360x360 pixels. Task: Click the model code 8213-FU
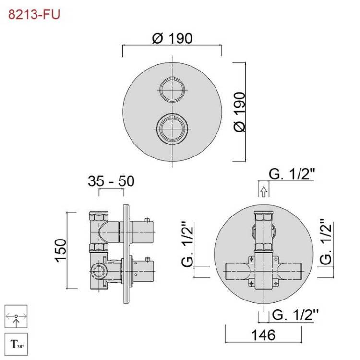[34, 14]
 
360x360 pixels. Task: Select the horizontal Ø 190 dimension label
[172, 38]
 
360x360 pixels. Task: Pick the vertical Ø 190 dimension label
[240, 111]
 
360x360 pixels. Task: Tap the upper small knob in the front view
[172, 89]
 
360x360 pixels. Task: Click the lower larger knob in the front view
[172, 129]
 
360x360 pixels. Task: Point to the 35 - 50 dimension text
[111, 181]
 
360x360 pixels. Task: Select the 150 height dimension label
[60, 250]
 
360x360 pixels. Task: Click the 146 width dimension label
[264, 335]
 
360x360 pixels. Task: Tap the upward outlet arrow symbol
[264, 192]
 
